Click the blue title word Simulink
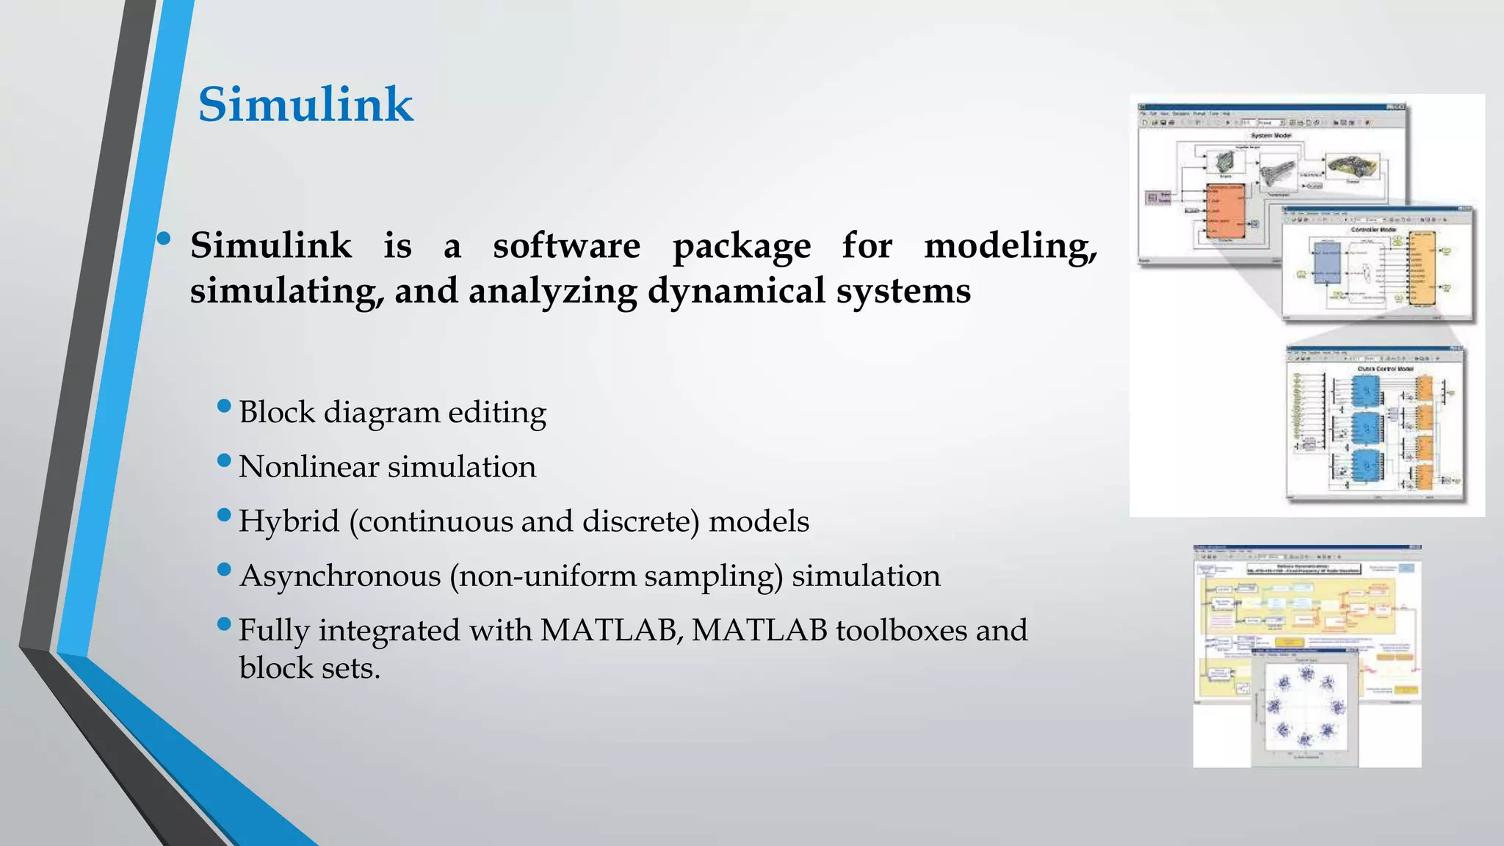coord(305,104)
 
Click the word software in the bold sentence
coord(566,245)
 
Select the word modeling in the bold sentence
coord(1010,245)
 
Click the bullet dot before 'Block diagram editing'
coord(225,406)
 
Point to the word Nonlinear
coord(308,467)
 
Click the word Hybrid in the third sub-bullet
coord(289,521)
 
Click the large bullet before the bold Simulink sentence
coord(164,238)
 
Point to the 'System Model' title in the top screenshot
coord(1270,136)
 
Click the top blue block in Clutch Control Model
coord(1365,391)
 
